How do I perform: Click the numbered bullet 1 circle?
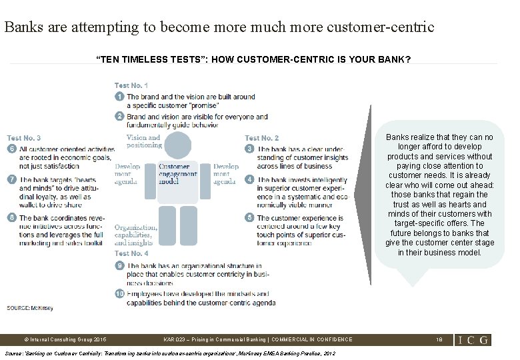pos(119,97)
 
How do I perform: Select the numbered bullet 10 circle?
pos(119,293)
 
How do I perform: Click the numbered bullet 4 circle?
pos(249,180)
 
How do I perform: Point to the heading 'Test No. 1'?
pos(131,85)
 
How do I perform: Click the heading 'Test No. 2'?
pos(262,138)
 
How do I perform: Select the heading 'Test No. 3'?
pos(24,138)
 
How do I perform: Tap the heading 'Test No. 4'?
pos(131,253)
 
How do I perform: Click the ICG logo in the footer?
pos(473,339)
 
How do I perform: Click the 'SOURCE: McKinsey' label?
pos(27,307)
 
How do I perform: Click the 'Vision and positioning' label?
pos(144,141)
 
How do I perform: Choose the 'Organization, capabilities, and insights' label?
pos(136,235)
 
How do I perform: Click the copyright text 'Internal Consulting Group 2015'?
pos(64,339)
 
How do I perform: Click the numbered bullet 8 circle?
pos(11,218)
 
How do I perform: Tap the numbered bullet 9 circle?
pos(119,266)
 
